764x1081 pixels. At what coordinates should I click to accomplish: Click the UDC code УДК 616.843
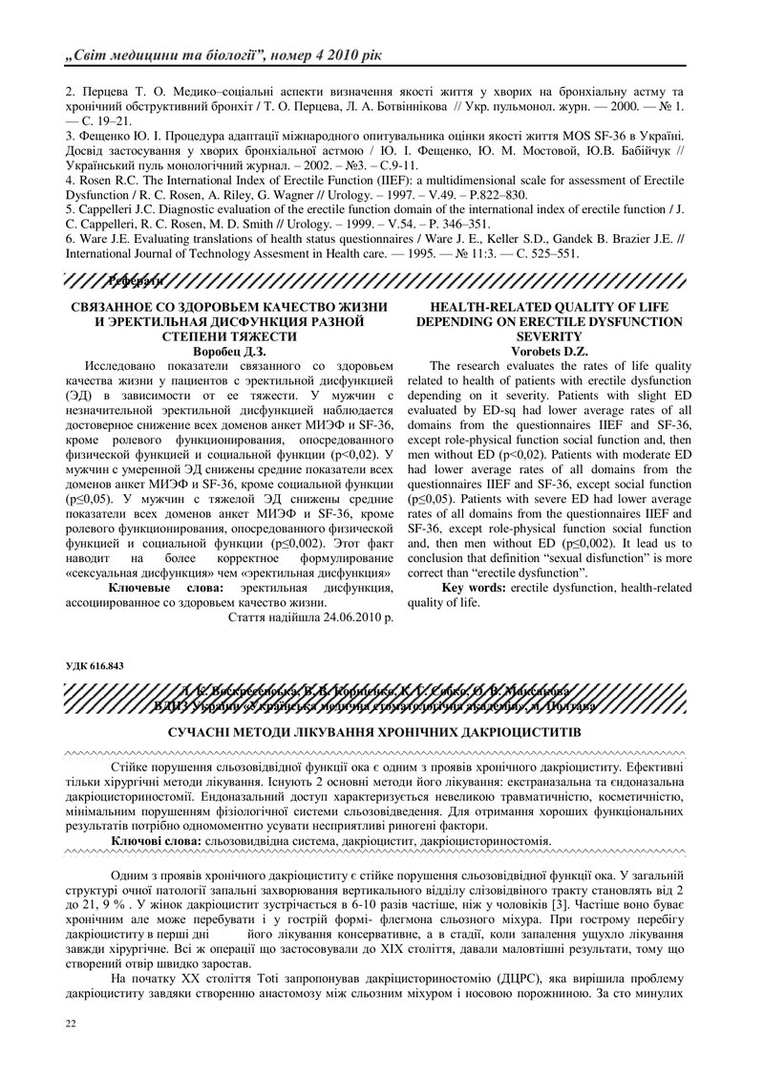coord(93,666)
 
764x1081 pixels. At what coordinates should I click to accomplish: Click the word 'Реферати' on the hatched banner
coord(134,280)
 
